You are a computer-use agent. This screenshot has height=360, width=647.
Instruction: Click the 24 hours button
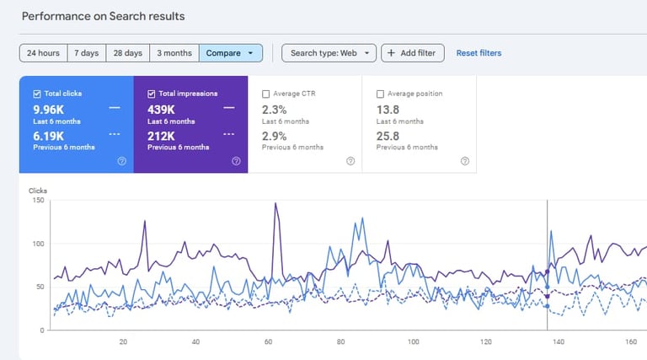43,53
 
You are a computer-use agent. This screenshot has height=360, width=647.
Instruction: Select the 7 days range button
86,53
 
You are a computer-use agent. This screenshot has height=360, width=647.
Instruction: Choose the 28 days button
128,53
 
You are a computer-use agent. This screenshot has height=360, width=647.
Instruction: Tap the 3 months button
174,53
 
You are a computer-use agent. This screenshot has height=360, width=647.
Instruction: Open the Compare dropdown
231,53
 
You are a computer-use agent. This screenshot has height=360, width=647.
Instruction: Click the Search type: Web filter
329,53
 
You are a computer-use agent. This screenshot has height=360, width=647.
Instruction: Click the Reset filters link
479,53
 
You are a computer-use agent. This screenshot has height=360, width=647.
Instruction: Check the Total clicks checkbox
37,94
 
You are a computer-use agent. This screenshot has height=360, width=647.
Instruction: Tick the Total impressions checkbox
152,94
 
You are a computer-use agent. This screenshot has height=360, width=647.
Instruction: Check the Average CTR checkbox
266,94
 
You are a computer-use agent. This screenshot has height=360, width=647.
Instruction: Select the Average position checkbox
381,94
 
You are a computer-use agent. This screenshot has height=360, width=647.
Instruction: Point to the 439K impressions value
163,110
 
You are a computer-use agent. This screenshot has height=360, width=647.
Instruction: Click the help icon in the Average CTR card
350,161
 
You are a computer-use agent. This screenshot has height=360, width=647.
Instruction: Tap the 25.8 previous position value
388,136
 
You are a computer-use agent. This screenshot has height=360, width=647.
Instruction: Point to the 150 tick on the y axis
37,201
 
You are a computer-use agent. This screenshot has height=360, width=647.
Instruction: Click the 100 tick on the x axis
414,342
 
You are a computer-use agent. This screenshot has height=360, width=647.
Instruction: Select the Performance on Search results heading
103,16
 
